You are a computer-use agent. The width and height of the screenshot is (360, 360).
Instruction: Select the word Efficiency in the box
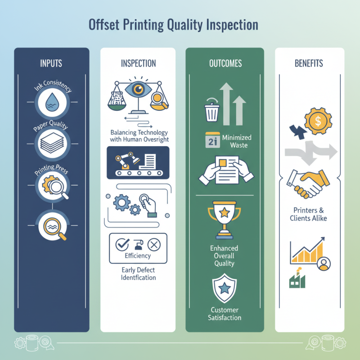tap(138, 256)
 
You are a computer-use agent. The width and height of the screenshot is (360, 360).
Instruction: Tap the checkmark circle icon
tap(122, 245)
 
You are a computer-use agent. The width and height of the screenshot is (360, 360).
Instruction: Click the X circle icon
tap(154, 245)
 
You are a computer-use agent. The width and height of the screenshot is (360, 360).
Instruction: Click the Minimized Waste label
tap(237, 140)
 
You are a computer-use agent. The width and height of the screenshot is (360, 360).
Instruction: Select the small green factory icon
tap(297, 279)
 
